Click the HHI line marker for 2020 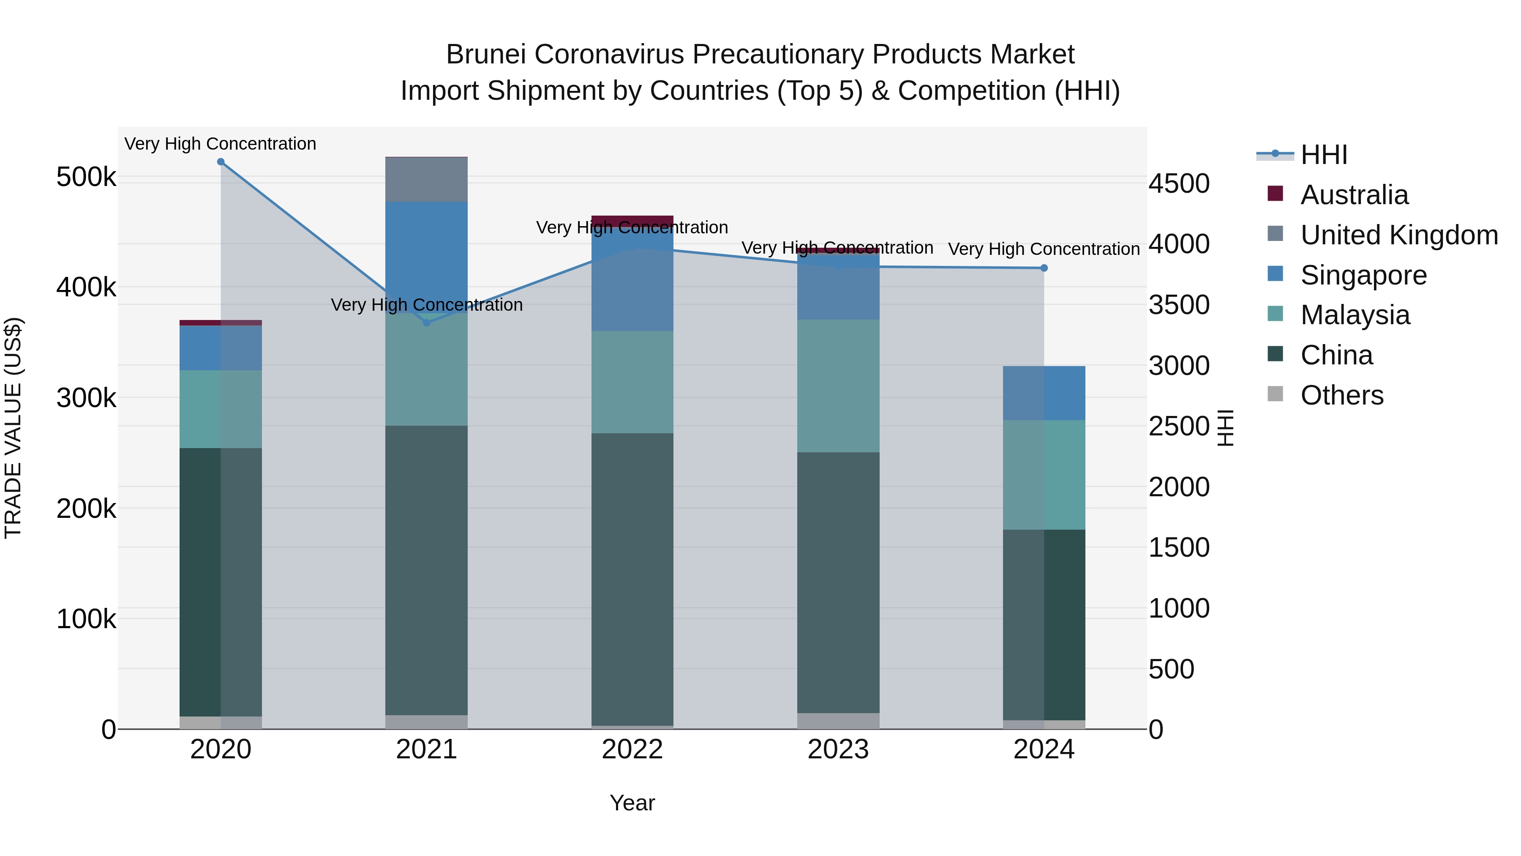[x=221, y=162]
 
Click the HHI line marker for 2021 [x=427, y=323]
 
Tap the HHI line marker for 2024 [x=1044, y=268]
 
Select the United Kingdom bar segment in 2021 [x=426, y=180]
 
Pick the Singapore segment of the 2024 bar [x=1044, y=394]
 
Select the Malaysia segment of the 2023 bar [x=838, y=386]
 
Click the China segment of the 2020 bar [x=221, y=582]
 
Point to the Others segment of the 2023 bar [x=838, y=721]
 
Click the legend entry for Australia [x=1354, y=195]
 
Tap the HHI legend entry [x=1324, y=155]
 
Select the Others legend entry [x=1341, y=395]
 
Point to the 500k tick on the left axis [x=86, y=177]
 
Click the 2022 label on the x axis [x=632, y=749]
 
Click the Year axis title [x=632, y=803]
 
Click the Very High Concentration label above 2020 [x=220, y=144]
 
